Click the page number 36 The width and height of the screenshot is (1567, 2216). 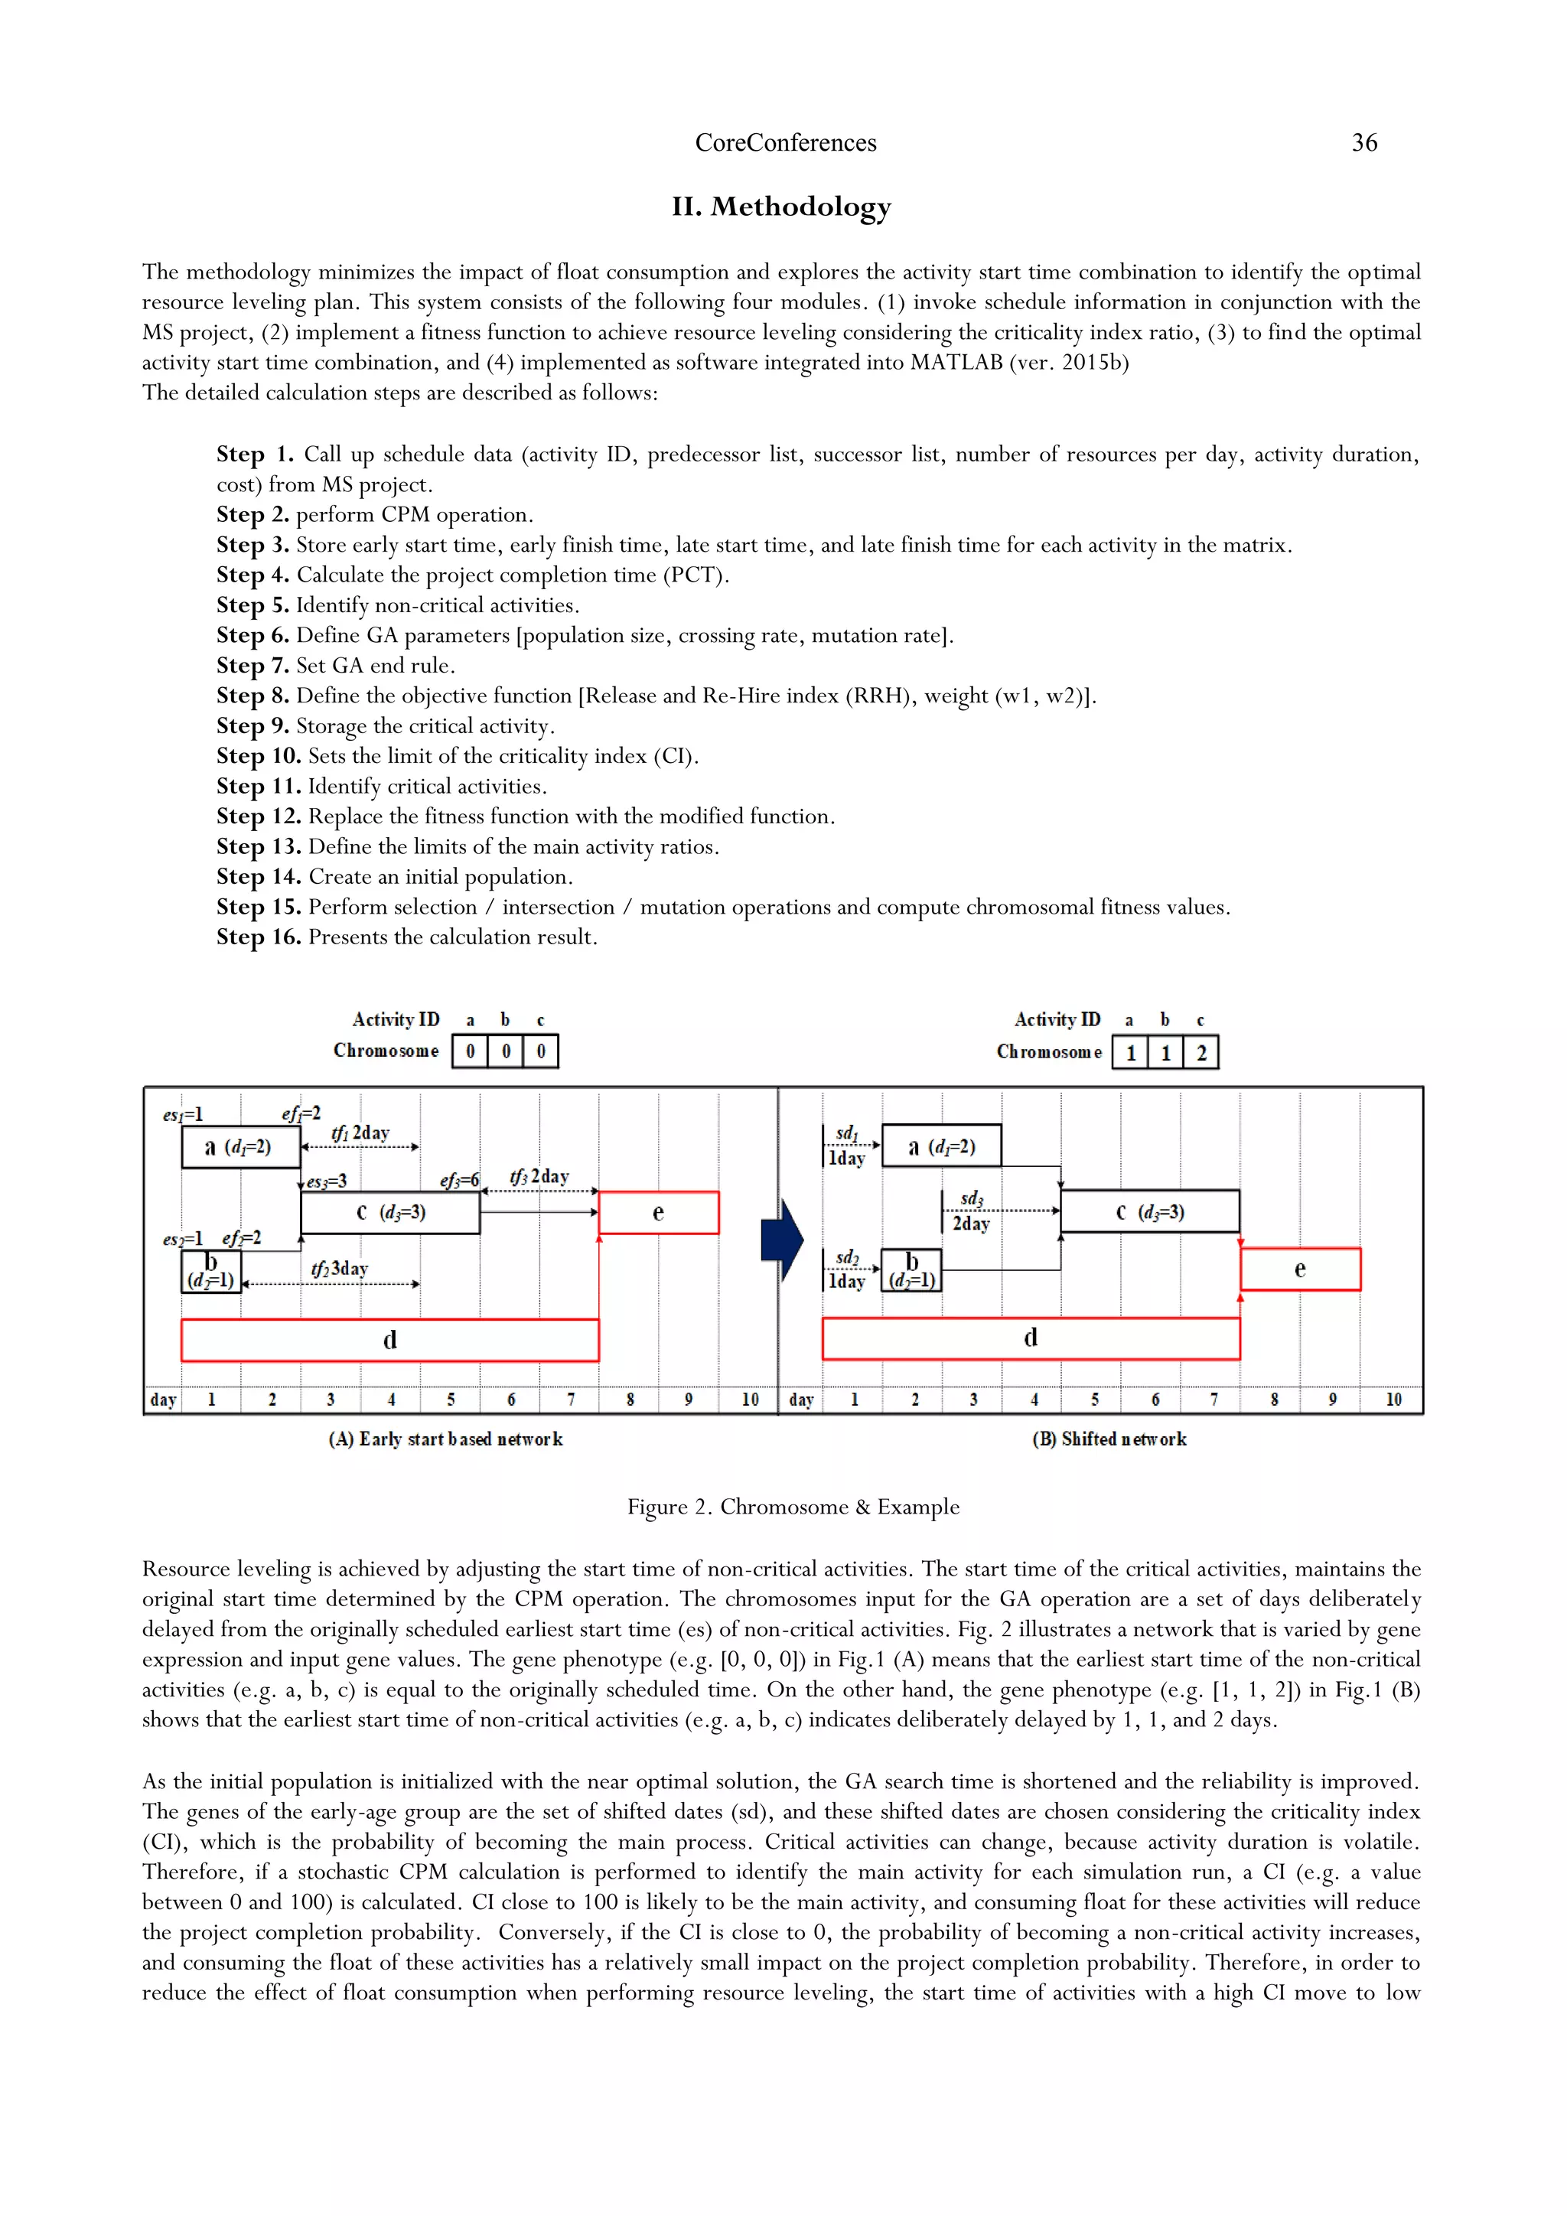coord(1363,143)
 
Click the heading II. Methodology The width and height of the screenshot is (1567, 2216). coord(781,207)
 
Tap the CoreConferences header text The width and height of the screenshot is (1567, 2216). coord(786,143)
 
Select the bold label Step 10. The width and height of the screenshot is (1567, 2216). coord(259,756)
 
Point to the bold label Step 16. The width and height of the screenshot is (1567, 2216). coord(259,937)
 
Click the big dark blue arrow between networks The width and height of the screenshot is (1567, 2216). coord(781,1240)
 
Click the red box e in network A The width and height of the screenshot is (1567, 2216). coord(658,1212)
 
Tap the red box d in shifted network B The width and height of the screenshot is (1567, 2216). coord(1031,1338)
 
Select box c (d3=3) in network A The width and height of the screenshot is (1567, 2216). coord(389,1212)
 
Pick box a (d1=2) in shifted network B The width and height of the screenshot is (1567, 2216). coord(942,1146)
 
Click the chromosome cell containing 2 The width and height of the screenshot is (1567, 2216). coord(1201,1053)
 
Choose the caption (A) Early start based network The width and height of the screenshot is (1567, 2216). coord(446,1439)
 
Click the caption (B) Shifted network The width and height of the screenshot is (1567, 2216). coord(1109,1439)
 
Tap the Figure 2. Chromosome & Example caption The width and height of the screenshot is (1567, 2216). coord(793,1507)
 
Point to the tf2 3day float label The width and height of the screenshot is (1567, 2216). coord(340,1269)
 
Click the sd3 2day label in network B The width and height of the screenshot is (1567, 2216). coord(971,1212)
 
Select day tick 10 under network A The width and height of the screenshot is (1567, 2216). coord(750,1400)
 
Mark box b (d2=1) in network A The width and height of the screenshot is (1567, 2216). coord(211,1271)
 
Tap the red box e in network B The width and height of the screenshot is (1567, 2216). coord(1300,1269)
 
